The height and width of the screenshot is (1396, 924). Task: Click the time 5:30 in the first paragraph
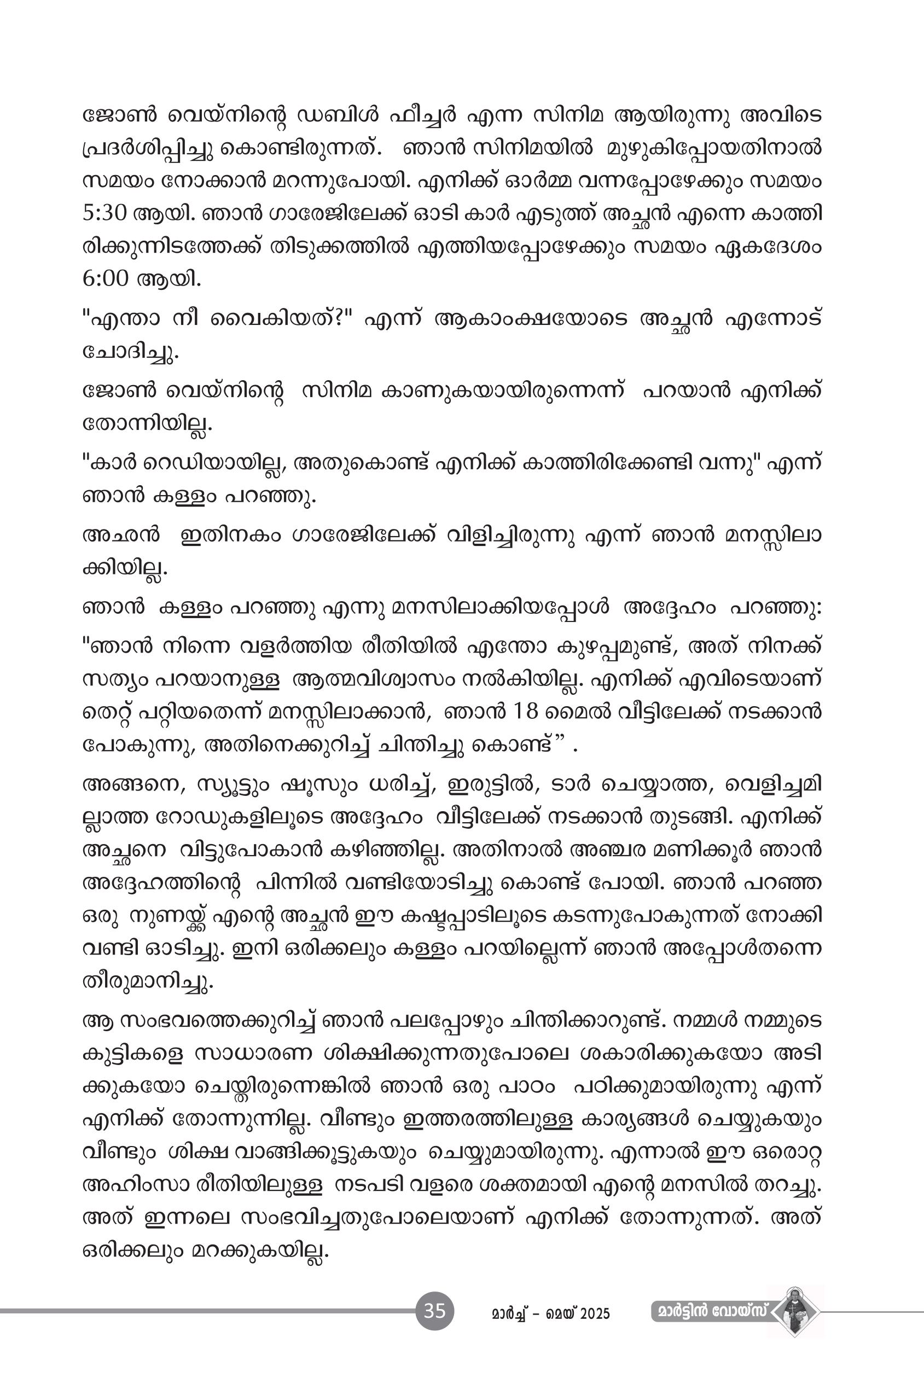coord(104,213)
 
